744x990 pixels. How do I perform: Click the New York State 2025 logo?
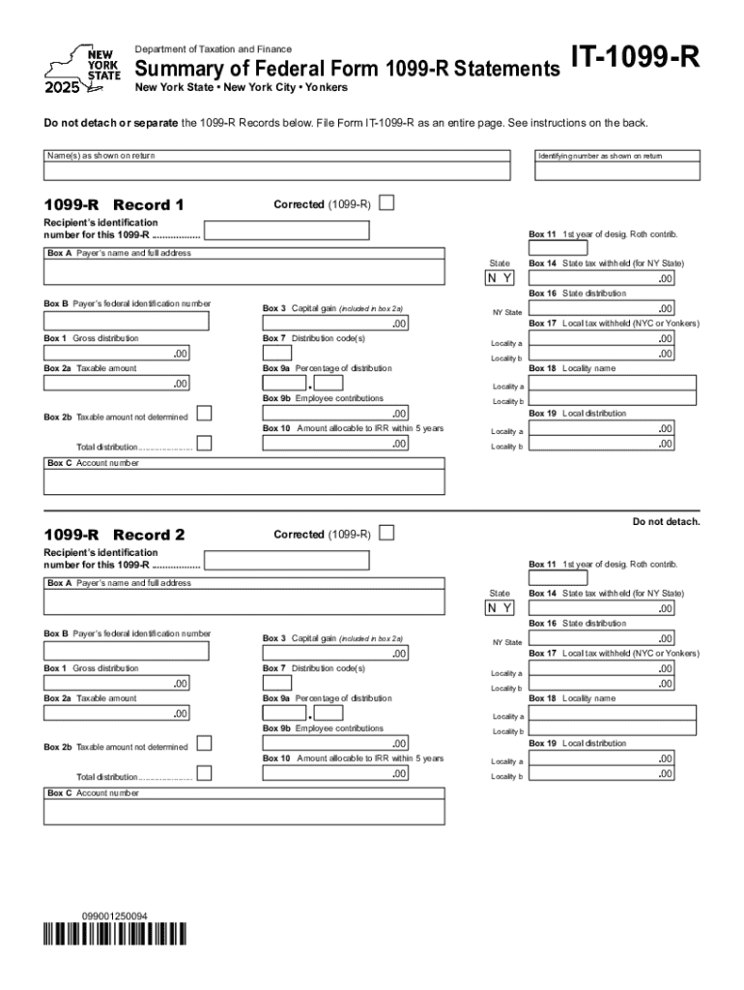coord(82,68)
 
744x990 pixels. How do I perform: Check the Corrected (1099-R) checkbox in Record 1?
coord(386,204)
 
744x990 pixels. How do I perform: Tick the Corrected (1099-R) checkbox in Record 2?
coord(386,534)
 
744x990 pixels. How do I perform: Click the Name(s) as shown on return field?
coord(276,171)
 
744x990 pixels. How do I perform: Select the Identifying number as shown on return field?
coord(617,171)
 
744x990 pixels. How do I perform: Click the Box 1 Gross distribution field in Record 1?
coord(116,354)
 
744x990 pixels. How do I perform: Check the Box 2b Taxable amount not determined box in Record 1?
coord(204,415)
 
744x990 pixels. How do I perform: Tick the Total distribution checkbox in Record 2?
coord(204,774)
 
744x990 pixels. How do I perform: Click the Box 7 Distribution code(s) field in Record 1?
coord(277,354)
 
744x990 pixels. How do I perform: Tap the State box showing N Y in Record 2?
coord(500,608)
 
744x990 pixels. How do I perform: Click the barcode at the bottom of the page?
coord(114,934)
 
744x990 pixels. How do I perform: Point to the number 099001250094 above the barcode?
coord(114,915)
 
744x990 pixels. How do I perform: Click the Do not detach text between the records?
coord(666,522)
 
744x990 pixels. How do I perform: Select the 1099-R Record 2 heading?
coord(114,535)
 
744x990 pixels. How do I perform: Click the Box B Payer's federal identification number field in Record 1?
coord(126,321)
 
